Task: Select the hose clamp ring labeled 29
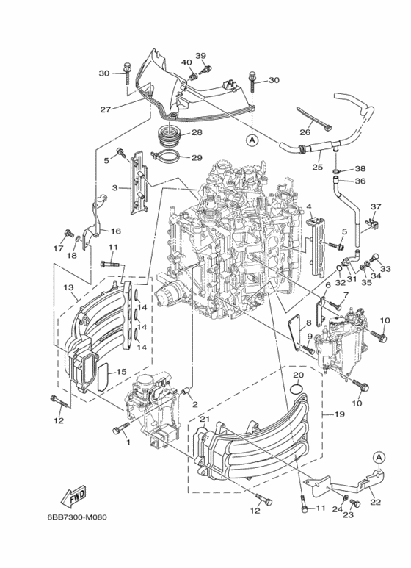[x=165, y=156]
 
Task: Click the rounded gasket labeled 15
[x=102, y=380]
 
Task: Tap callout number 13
[x=67, y=287]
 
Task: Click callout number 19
[x=340, y=414]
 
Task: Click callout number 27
[x=106, y=109]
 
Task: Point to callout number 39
[x=200, y=56]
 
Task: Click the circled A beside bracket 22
[x=379, y=457]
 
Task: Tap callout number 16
[x=115, y=231]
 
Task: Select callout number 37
[x=376, y=206]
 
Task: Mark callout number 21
[x=205, y=419]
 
